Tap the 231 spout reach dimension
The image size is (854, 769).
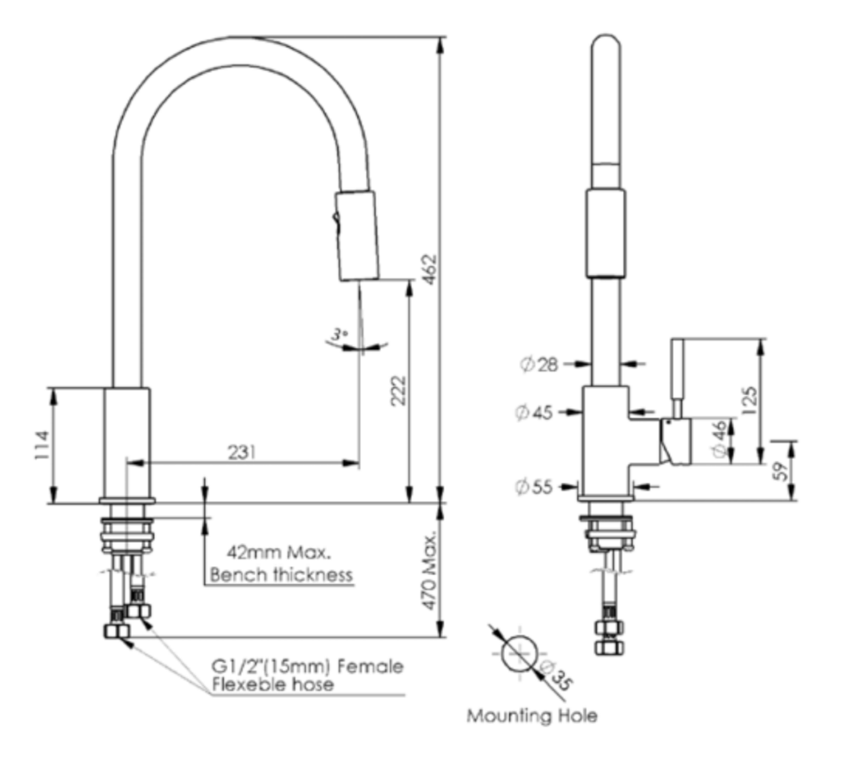pyautogui.click(x=242, y=452)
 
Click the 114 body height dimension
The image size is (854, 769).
pyautogui.click(x=42, y=446)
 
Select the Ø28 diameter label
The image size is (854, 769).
pyautogui.click(x=538, y=364)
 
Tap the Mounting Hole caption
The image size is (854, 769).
pyautogui.click(x=532, y=716)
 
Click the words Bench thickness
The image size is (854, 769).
pyautogui.click(x=281, y=574)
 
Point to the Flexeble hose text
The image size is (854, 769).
pyautogui.click(x=273, y=685)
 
